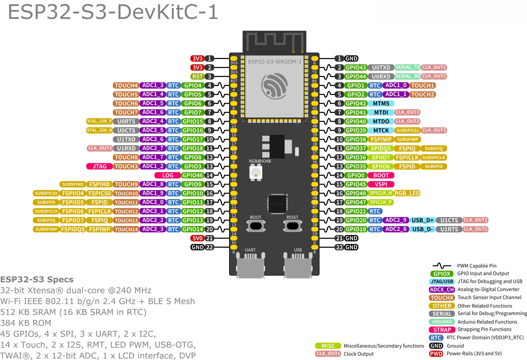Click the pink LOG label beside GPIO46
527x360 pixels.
pos(168,175)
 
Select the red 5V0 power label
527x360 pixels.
pos(197,238)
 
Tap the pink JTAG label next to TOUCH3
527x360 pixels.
pos(99,166)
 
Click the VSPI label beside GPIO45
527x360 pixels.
pos(381,184)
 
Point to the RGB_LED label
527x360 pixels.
pos(407,193)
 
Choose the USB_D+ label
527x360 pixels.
pos(422,220)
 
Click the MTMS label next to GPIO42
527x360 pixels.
pos(381,103)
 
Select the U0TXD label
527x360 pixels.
pos(381,67)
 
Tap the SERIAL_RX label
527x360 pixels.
pos(407,76)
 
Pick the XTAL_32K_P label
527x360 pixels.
pos(99,121)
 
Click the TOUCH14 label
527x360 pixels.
pos(126,229)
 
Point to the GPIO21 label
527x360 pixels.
pos(356,211)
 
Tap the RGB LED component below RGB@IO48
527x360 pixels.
pos(255,172)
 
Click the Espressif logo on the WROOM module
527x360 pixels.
pos(274,86)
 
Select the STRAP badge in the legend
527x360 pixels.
pos(442,330)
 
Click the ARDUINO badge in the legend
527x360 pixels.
pos(442,322)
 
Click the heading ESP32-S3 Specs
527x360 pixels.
pos(37,279)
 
